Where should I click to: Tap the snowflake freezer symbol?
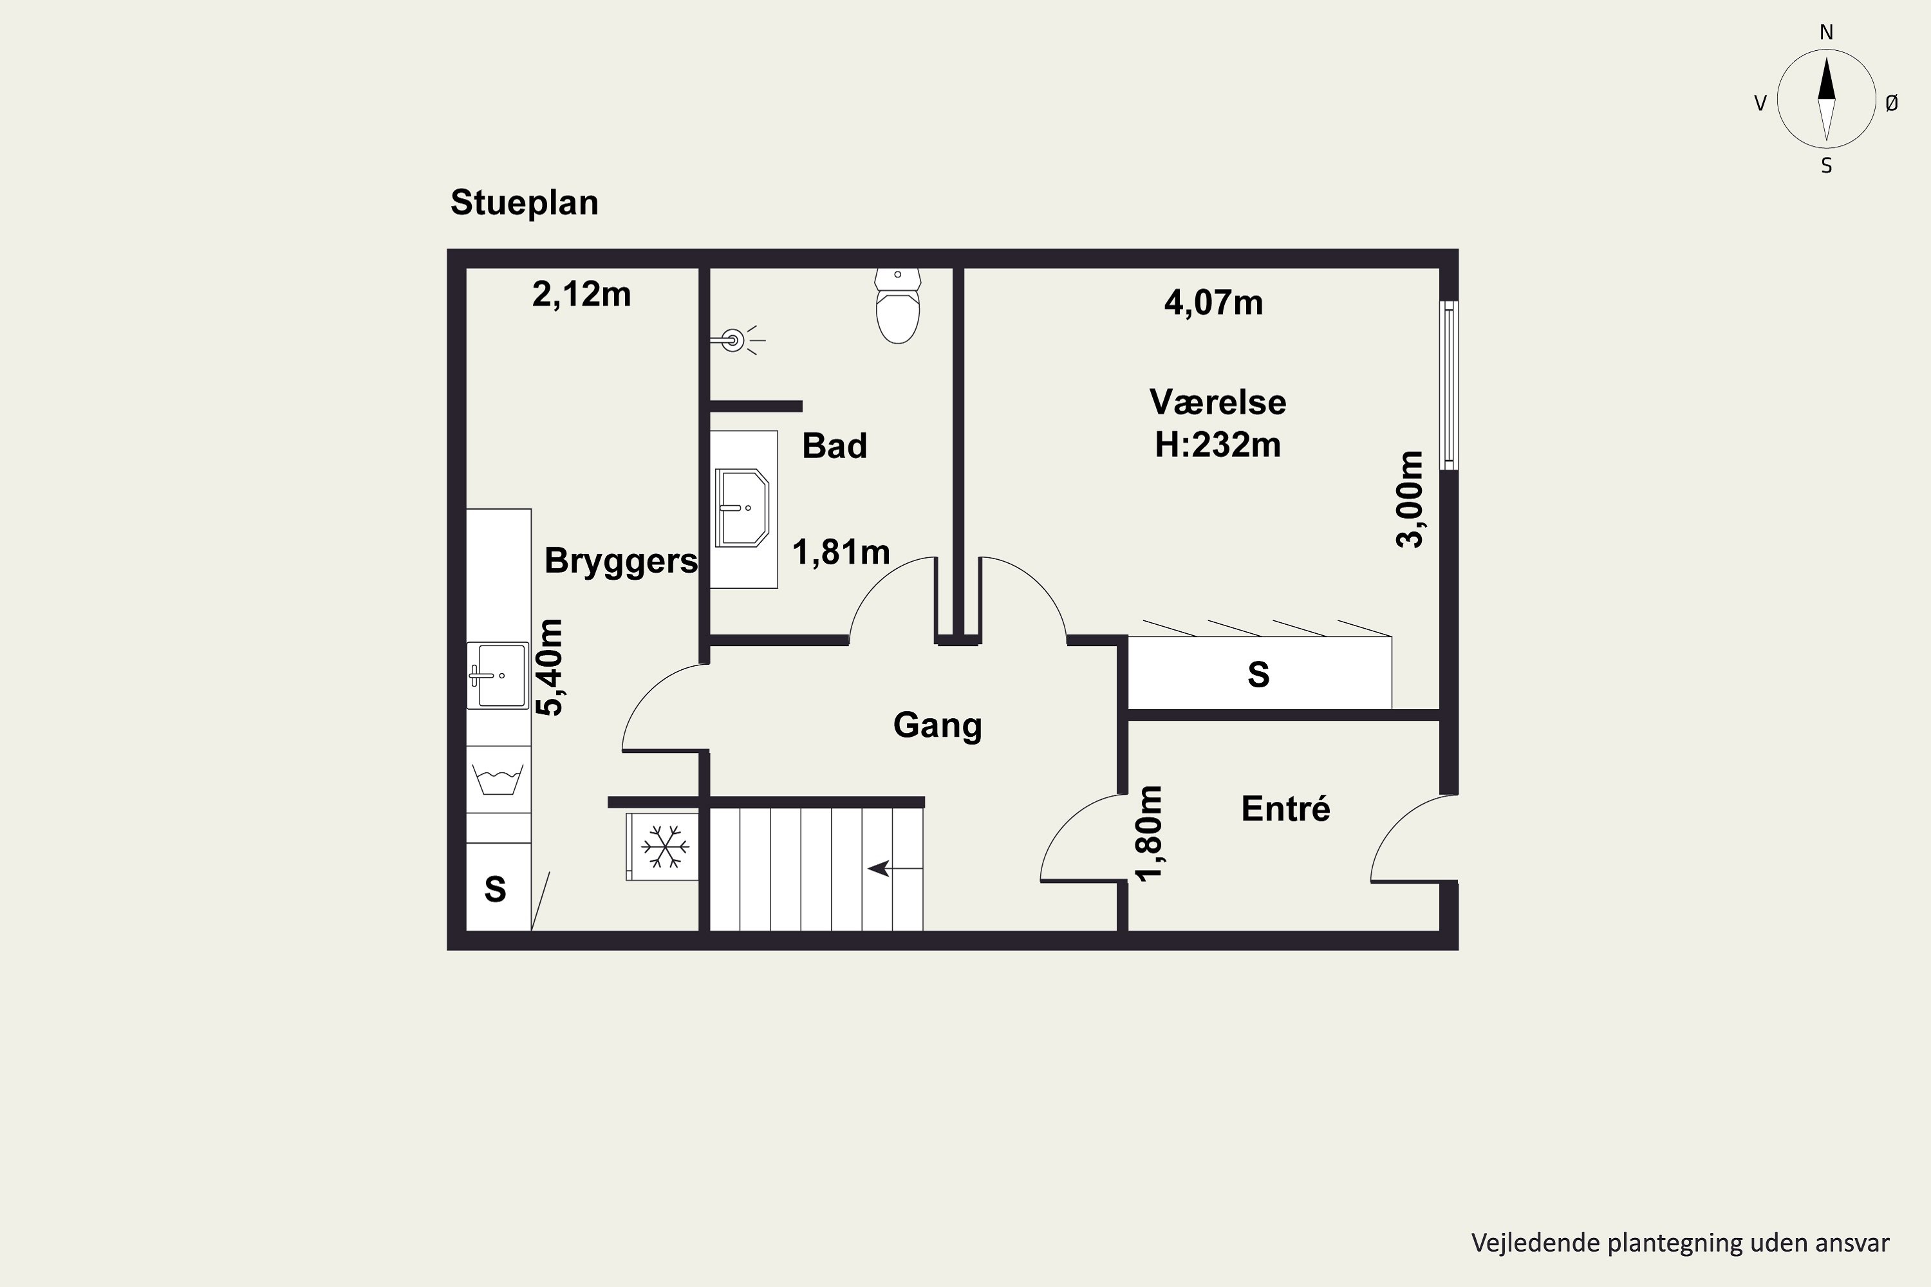coord(664,847)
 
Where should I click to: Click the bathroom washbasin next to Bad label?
coord(742,508)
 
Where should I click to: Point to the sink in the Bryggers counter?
coord(498,674)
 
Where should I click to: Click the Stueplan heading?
coord(525,203)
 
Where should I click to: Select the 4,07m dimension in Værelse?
coord(1213,303)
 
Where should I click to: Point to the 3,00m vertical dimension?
coord(1410,499)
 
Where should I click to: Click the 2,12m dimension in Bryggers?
coord(581,294)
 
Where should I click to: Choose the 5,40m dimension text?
coord(549,667)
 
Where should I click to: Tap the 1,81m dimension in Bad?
coord(841,552)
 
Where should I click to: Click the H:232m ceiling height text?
coord(1218,445)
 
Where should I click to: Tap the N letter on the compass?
coord(1827,33)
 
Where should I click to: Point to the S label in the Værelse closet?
coord(1258,674)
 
